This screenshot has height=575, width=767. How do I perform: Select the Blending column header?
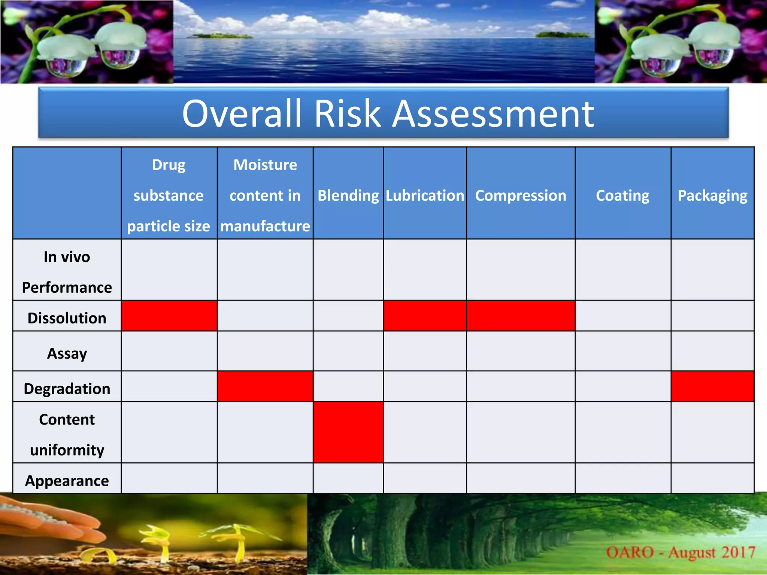coord(348,195)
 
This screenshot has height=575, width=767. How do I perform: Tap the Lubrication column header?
coord(425,195)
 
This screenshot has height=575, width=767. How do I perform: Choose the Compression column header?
coord(521,195)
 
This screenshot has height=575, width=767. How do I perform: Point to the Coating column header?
coord(622,195)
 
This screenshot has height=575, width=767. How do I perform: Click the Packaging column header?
coord(712,195)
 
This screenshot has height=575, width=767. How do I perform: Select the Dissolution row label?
coord(67,318)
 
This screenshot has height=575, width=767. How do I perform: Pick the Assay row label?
coord(67,353)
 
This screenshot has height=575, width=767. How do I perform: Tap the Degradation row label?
coord(67,389)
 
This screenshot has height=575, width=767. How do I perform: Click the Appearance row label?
coord(67,480)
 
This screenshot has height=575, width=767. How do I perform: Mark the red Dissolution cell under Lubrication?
coord(425,316)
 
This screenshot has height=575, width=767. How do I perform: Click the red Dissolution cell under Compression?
coord(521,316)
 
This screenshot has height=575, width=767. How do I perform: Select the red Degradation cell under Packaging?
coord(712,386)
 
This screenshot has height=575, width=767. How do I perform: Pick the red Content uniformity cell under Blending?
coord(348,432)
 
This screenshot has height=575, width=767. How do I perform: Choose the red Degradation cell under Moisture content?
coord(265,386)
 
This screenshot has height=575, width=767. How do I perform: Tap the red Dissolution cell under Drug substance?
coord(169,316)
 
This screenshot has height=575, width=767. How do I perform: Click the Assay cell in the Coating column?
coord(623,351)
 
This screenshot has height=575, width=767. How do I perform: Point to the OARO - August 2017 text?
coord(680,552)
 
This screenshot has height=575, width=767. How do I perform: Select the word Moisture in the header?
coord(265,165)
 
